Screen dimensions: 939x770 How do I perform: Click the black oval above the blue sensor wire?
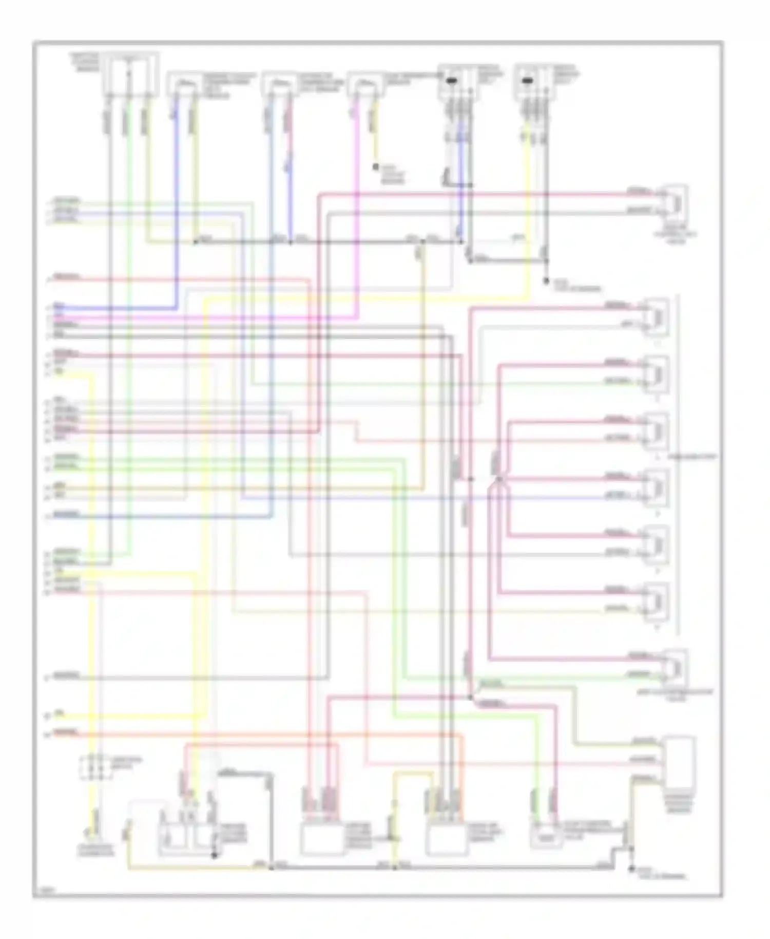452,81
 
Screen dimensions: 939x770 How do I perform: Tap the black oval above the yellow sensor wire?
527,81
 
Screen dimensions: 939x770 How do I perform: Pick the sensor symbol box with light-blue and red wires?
278,84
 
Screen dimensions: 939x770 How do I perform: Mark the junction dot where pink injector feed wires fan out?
498,479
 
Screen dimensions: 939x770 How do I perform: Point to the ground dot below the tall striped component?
631,869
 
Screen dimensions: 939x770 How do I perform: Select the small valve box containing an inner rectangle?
546,835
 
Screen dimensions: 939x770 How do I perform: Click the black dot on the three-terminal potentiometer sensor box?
215,855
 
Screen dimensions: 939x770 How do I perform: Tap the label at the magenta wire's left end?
59,317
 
